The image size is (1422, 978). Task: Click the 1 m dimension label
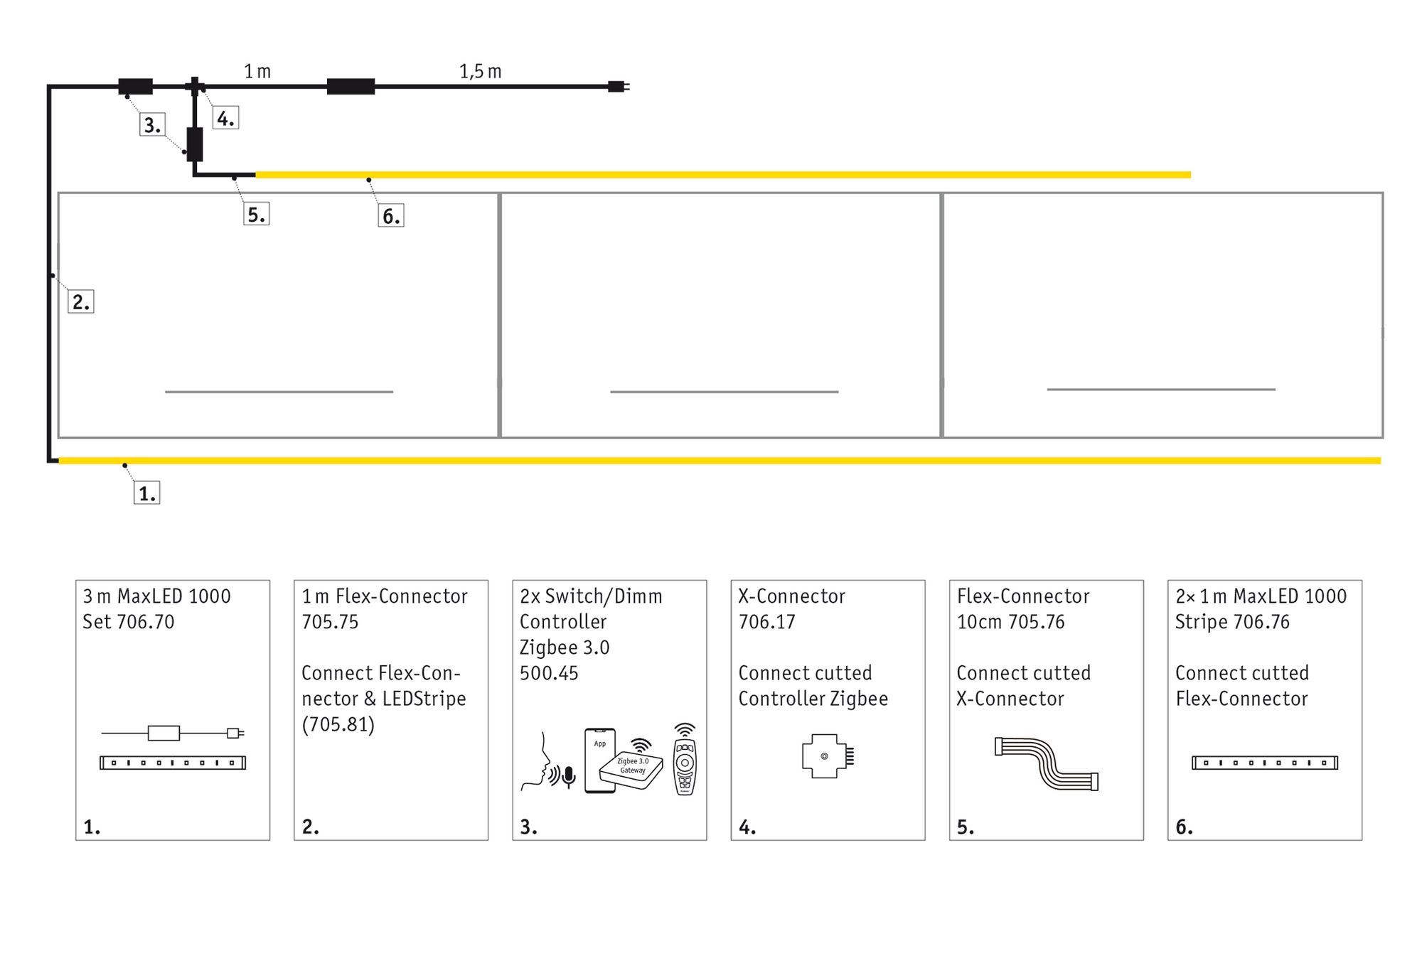[257, 71]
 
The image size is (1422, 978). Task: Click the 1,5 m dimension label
[480, 71]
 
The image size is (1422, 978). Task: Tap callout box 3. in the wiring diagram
[152, 125]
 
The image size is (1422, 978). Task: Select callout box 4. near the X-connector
[225, 118]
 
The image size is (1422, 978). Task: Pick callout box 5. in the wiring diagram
[256, 214]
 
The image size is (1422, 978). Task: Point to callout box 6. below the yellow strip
[391, 215]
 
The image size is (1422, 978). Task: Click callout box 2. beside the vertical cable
[81, 301]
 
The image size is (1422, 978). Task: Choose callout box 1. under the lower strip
[147, 493]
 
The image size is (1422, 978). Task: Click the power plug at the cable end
[618, 87]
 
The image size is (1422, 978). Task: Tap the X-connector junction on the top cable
[195, 87]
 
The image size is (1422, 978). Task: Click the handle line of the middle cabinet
[724, 392]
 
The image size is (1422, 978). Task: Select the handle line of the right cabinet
[1160, 389]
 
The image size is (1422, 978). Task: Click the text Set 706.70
[128, 622]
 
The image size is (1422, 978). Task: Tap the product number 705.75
[330, 622]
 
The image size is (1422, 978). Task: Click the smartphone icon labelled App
[599, 760]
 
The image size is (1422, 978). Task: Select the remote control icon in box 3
[685, 761]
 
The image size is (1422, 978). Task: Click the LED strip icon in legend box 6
[1264, 763]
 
